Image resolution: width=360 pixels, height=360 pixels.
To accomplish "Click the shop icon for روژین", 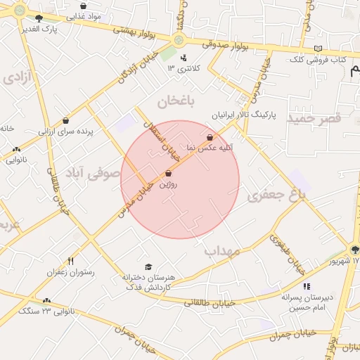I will pos(168,174).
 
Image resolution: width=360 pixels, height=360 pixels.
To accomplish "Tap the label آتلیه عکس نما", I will pos(209,148).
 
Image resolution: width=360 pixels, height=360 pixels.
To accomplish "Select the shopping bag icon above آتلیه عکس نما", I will pos(210,136).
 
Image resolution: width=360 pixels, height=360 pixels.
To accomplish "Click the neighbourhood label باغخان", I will pos(174,102).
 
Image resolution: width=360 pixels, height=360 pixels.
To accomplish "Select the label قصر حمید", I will pos(314,119).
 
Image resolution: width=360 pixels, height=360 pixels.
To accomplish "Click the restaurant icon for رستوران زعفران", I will pos(70,262).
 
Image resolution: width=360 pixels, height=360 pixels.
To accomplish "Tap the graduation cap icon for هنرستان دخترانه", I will pos(148,266).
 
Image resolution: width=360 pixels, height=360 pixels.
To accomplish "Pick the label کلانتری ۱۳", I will pos(184,68).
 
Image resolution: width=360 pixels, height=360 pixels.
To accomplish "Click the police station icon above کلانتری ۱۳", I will pos(184,58).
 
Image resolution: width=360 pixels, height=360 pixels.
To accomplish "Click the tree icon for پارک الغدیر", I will pos(38,19).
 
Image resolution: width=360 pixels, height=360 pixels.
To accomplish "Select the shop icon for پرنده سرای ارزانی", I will pos(65,121).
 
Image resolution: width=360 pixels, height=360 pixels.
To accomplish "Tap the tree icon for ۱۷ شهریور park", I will pos(354,250).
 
